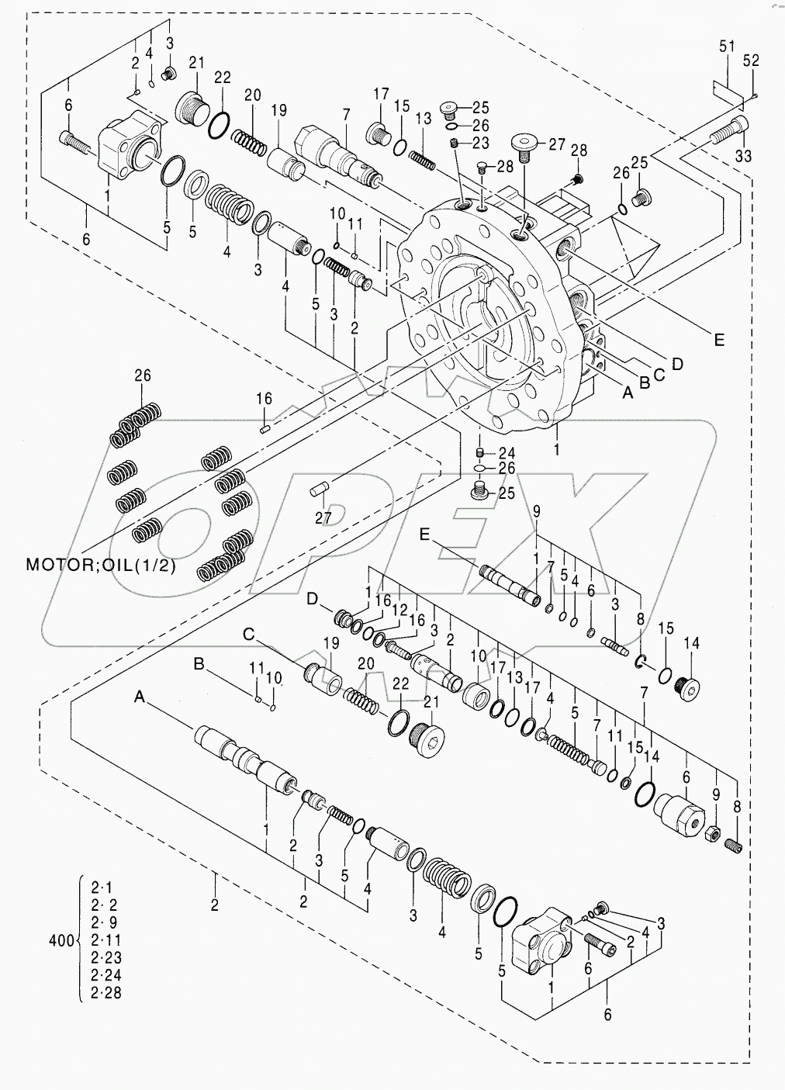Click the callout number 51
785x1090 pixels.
[x=726, y=47]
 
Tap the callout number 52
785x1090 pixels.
[x=751, y=60]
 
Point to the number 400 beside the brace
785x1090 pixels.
[x=61, y=941]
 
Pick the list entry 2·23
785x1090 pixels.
[x=106, y=958]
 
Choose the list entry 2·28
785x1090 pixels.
[x=106, y=992]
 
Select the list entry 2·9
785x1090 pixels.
[x=106, y=922]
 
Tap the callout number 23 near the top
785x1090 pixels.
[x=481, y=143]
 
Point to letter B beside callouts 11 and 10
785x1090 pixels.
[x=199, y=664]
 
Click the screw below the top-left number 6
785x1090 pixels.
[x=75, y=140]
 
